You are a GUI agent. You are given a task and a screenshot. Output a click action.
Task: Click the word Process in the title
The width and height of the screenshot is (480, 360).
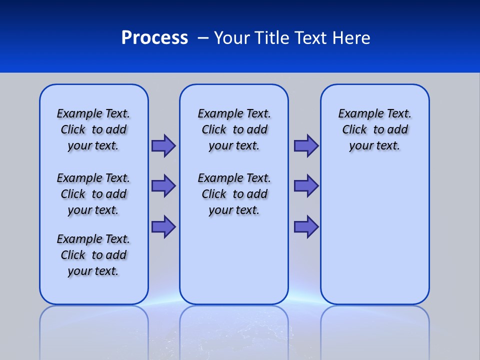[154, 38]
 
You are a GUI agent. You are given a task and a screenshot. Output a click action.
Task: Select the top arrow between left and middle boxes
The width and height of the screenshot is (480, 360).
[163, 146]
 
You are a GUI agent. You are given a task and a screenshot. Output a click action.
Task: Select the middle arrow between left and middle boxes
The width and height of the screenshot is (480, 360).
[163, 186]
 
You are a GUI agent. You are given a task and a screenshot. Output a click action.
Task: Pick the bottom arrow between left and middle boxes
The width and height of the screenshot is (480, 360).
[163, 227]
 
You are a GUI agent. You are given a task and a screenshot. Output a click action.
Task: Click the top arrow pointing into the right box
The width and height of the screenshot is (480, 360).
[306, 146]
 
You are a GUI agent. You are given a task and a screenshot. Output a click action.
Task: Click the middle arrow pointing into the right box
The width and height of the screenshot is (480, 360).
[306, 186]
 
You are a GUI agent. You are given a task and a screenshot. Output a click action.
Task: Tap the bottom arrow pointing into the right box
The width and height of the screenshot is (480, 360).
[306, 227]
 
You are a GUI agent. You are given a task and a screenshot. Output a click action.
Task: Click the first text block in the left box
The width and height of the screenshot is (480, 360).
[93, 129]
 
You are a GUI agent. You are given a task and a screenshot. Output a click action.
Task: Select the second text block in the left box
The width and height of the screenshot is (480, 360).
[93, 194]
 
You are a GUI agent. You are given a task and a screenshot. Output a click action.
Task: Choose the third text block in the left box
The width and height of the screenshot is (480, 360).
[93, 255]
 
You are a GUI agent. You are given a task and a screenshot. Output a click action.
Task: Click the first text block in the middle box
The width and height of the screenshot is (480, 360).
[234, 129]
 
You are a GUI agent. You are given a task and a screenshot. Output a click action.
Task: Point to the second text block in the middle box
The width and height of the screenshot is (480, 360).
[234, 194]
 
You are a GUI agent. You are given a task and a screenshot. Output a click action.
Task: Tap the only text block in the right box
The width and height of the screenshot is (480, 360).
[375, 129]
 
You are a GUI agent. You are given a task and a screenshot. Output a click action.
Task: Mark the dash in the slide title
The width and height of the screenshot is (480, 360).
[203, 38]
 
